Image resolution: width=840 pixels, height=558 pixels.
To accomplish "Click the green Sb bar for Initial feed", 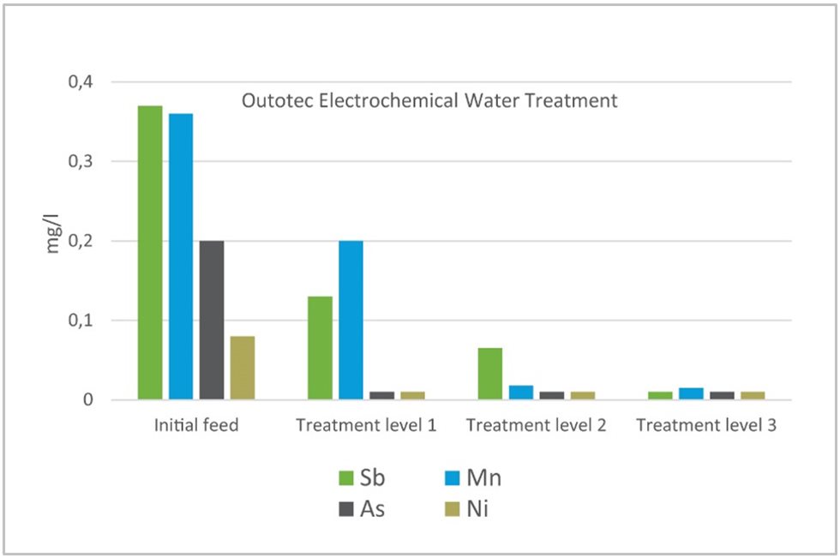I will [x=150, y=253].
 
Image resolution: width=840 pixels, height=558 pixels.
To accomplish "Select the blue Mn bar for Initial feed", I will [x=181, y=256].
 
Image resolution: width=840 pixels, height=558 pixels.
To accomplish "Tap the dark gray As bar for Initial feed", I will [x=212, y=321].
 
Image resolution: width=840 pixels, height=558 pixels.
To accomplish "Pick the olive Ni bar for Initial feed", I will [x=243, y=368].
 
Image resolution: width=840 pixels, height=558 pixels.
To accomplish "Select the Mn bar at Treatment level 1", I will [x=351, y=321].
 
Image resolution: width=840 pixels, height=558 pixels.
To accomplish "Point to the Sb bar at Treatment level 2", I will [x=490, y=374].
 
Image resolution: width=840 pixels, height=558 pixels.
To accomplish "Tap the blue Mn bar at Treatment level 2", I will [x=521, y=393].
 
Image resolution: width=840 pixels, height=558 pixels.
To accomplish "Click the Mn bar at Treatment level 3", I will [x=691, y=393].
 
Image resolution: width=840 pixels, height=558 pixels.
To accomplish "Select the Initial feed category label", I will [x=195, y=426].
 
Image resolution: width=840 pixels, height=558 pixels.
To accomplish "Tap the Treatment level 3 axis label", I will [x=707, y=426].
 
